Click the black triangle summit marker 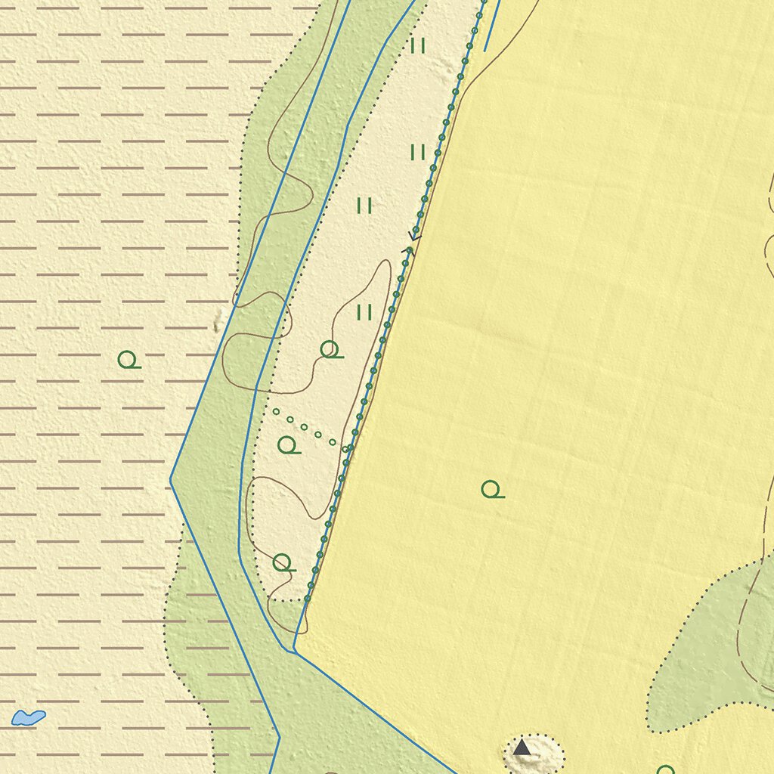tap(522, 748)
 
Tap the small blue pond tap(29, 717)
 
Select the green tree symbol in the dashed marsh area tap(128, 359)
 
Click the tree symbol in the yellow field tap(491, 490)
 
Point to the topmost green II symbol tap(418, 46)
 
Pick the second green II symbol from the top tap(418, 153)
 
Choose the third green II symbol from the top tap(364, 206)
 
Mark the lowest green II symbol tap(364, 311)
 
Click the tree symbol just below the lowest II tap(330, 349)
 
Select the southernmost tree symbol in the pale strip tap(282, 562)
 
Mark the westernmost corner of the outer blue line tap(171, 478)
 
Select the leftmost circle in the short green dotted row tap(276, 412)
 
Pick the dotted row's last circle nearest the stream tap(345, 449)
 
